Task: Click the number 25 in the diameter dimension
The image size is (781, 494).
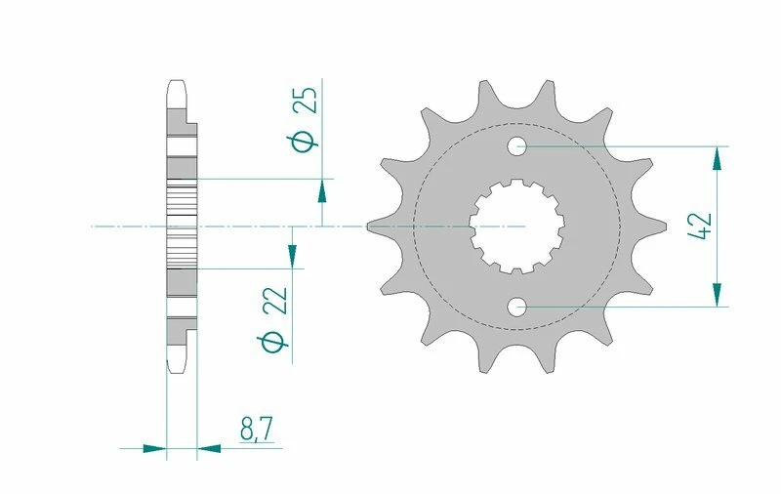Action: point(305,100)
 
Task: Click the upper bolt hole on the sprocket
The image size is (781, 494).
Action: point(516,146)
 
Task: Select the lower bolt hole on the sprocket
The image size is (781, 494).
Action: point(516,308)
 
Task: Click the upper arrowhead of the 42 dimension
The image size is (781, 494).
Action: point(719,158)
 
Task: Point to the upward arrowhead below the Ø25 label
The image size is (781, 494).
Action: point(322,190)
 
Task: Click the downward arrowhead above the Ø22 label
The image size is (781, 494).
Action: point(292,256)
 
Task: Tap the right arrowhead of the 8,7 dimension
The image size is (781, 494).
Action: point(209,449)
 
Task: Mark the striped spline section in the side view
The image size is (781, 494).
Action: point(182,226)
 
